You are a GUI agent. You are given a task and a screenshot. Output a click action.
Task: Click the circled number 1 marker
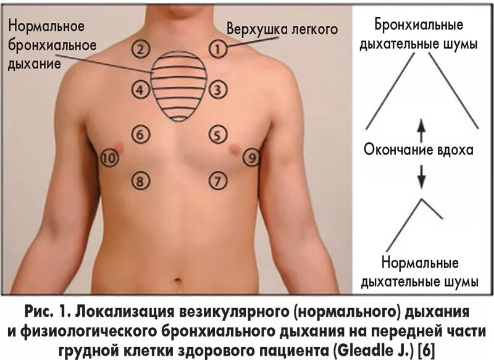(217, 46)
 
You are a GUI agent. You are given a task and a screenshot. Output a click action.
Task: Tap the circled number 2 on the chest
(141, 48)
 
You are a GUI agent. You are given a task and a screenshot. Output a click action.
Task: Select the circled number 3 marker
(217, 91)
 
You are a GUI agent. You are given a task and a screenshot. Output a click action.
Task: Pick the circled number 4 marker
(141, 91)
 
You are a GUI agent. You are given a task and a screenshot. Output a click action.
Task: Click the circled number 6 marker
(141, 133)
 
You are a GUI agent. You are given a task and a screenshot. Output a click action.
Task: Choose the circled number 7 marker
(217, 180)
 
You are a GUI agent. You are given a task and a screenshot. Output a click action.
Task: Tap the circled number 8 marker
(141, 180)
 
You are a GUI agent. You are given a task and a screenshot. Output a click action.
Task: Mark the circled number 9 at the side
(251, 157)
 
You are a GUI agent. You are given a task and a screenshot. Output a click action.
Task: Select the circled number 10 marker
(109, 159)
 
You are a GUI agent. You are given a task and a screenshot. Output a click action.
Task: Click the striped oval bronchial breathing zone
(179, 86)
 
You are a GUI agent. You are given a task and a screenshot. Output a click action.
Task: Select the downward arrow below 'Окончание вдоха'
(422, 175)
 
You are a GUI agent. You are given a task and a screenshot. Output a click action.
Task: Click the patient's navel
(179, 282)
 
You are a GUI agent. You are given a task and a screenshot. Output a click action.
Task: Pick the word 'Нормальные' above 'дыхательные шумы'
(422, 263)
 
